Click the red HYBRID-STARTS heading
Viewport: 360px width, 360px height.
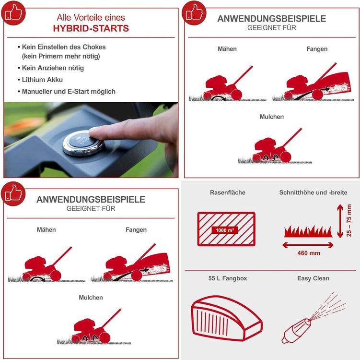(91, 28)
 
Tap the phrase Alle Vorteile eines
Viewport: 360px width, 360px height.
(91, 17)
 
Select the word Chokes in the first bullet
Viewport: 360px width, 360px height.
(94, 47)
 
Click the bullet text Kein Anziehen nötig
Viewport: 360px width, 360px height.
(53, 68)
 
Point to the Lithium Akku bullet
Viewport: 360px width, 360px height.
(42, 80)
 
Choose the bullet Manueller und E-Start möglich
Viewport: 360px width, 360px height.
(69, 92)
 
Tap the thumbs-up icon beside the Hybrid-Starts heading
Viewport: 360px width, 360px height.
(13, 13)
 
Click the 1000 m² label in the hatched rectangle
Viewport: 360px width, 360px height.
(225, 230)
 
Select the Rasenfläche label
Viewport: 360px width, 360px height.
(228, 192)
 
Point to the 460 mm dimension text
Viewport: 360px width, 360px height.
(309, 253)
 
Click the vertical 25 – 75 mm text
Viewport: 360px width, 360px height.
(349, 220)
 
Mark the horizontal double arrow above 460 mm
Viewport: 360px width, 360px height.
(308, 245)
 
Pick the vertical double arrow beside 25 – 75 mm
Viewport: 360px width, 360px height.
(340, 221)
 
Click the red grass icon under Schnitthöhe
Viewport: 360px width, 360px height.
(308, 231)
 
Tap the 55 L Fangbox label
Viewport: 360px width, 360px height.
(228, 278)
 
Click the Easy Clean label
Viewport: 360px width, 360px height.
(313, 278)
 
